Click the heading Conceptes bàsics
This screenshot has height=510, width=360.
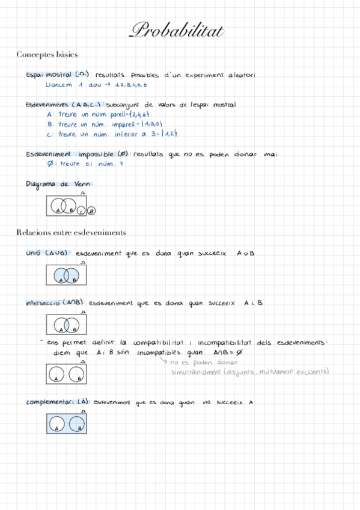point(47,55)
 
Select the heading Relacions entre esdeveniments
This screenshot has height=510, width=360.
point(71,232)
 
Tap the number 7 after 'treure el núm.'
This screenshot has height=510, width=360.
point(121,164)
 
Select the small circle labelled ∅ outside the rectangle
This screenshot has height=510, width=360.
point(91,210)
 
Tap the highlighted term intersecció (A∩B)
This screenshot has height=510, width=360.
point(55,303)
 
